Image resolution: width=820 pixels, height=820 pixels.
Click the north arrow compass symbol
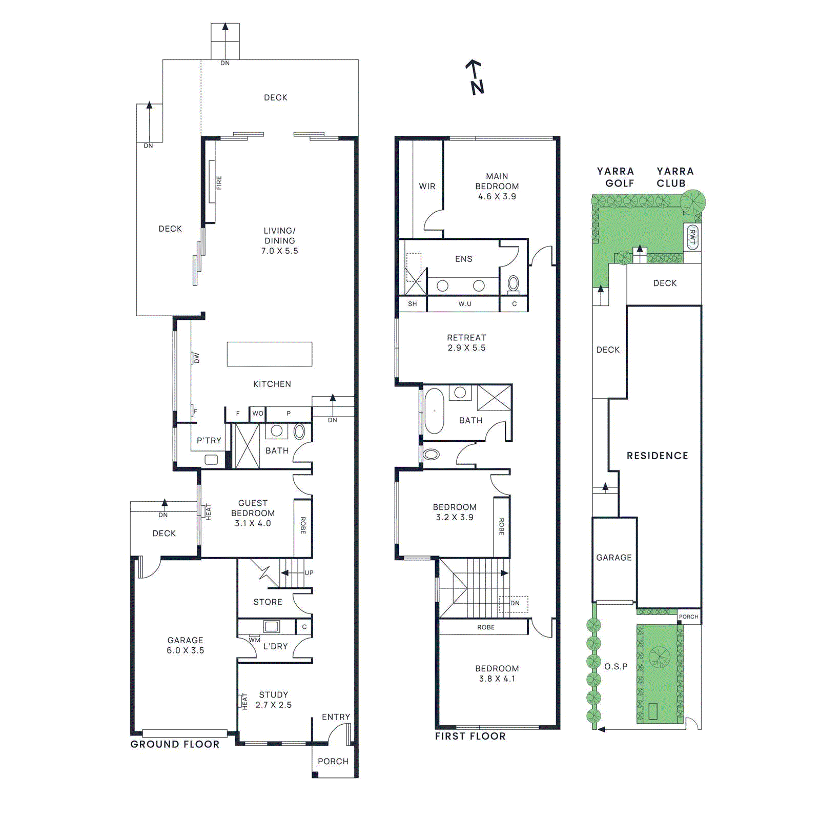point(476,77)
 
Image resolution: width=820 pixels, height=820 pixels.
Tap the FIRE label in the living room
point(219,182)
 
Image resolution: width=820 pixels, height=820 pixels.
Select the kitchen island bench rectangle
point(270,354)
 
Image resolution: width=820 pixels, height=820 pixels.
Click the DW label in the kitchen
point(196,358)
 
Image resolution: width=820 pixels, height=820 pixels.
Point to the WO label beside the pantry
point(258,414)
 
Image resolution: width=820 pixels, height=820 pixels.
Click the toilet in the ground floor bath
point(299,432)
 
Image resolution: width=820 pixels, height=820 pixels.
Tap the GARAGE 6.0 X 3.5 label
point(185,645)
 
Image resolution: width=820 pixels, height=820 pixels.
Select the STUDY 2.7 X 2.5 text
point(273,700)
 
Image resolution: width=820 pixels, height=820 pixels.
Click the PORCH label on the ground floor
point(333,762)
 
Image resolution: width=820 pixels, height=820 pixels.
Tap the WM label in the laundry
point(255,640)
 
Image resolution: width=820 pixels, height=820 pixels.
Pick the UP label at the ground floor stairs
point(309,573)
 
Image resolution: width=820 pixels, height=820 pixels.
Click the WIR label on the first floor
point(427,187)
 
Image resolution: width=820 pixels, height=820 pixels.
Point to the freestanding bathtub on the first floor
point(434,411)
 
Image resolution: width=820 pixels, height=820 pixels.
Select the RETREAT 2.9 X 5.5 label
point(466,342)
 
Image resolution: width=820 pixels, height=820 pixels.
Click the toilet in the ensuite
point(513,283)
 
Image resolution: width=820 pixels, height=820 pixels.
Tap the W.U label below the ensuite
point(465,304)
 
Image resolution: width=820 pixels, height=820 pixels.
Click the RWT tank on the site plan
point(692,237)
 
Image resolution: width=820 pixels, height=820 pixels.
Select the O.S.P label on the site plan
point(616,666)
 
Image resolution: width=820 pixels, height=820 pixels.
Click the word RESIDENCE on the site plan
point(657,456)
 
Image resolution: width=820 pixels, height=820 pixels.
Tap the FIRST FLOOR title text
point(470,736)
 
